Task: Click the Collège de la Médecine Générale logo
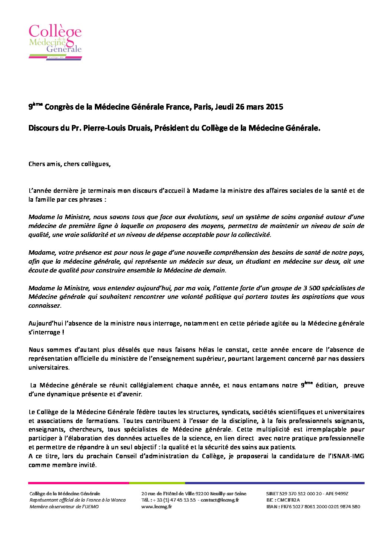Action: (55, 42)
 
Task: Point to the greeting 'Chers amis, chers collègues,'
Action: (69, 164)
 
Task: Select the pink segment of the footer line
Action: (79, 483)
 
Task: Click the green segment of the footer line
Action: (157, 483)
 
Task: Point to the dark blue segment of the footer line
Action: (274, 483)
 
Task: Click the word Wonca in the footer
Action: (118, 500)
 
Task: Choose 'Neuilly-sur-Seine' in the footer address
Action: (229, 494)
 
